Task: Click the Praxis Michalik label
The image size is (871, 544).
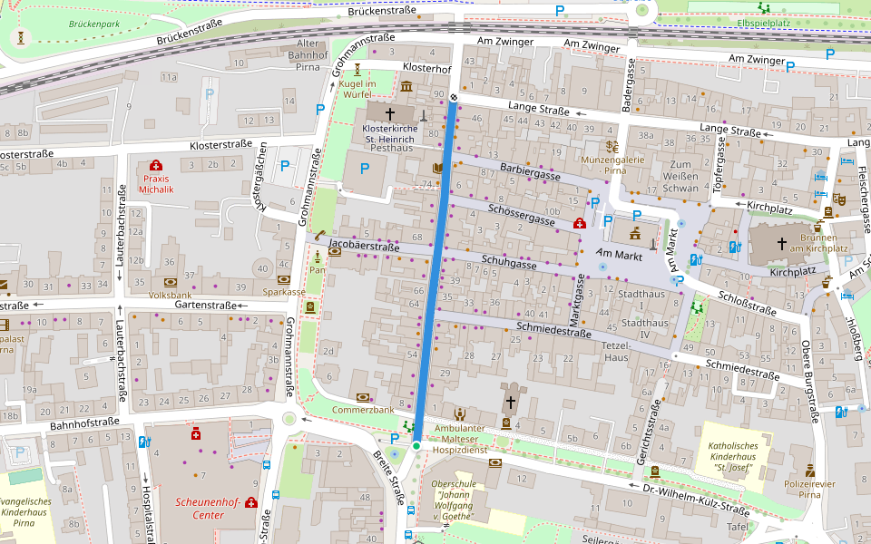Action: coord(156,184)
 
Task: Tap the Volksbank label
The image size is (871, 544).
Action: coord(170,295)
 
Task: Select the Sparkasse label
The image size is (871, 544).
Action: coord(284,292)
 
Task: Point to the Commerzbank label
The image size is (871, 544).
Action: coord(364,410)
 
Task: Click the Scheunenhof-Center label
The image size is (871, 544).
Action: coord(209,508)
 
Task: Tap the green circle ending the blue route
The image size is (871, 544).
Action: coord(416,446)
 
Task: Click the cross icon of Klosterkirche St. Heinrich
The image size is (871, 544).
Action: coord(391,114)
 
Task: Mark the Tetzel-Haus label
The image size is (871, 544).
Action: coord(616,351)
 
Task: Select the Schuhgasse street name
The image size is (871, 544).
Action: coord(509,260)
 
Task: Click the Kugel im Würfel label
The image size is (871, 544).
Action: coord(358,89)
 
